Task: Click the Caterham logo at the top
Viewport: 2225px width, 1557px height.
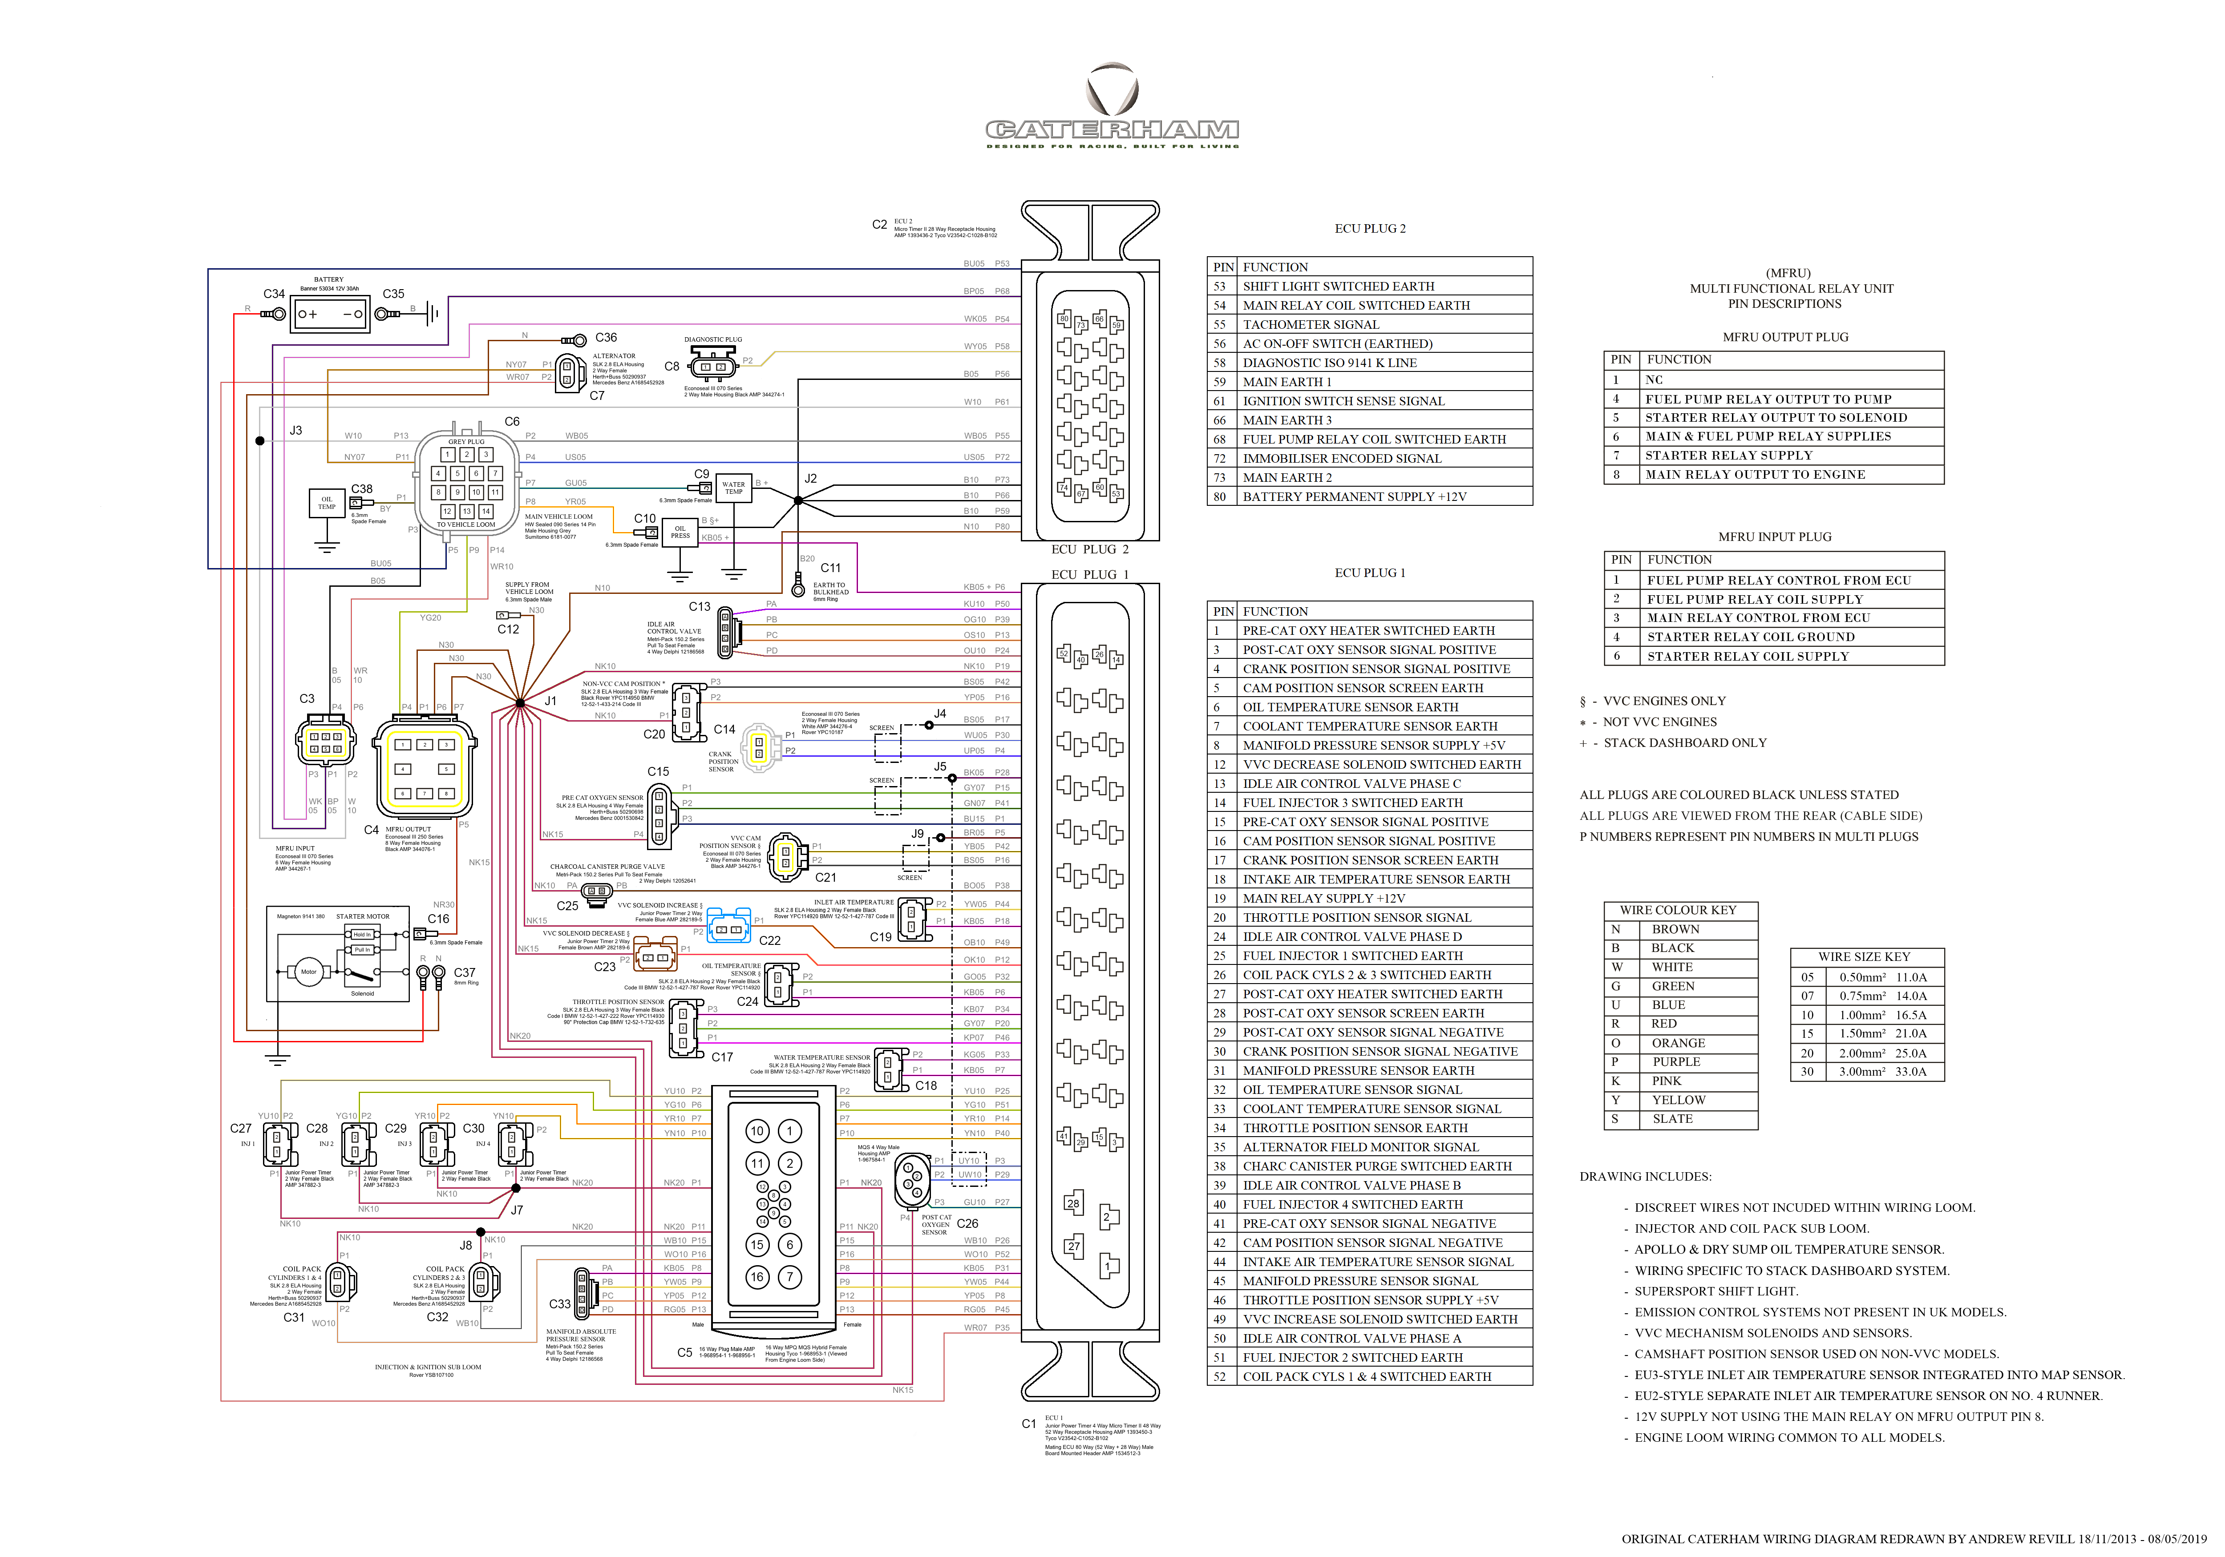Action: pos(1112,107)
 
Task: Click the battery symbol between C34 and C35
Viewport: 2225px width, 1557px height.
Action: pos(329,314)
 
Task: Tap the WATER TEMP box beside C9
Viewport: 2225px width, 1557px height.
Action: pos(734,488)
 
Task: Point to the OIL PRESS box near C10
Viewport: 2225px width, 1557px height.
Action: pos(680,532)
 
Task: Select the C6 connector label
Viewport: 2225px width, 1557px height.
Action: pos(512,421)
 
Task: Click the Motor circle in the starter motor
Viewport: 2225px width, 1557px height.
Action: pos(308,971)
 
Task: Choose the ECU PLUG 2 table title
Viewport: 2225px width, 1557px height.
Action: pos(1369,229)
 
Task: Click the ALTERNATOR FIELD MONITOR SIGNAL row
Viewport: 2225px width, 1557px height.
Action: pos(1360,1147)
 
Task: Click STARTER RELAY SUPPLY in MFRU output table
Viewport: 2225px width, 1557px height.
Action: pos(1728,456)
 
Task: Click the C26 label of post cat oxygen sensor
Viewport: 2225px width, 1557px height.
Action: pos(967,1224)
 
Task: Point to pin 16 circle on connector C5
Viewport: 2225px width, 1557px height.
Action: pos(757,1277)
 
